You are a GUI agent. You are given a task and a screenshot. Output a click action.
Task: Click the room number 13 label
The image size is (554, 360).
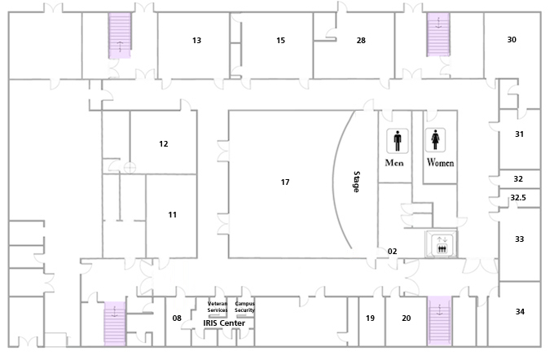[197, 40]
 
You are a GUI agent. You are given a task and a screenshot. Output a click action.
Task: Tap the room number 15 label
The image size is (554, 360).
[280, 40]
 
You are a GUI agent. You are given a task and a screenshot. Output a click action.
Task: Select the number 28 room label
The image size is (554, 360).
[361, 40]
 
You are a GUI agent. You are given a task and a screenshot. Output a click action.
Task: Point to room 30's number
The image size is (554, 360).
[512, 40]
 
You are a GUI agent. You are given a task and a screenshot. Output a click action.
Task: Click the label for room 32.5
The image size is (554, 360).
[518, 197]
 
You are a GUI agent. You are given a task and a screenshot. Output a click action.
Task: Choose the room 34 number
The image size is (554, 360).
[520, 312]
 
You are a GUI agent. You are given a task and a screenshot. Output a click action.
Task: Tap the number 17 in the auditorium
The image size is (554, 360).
[285, 182]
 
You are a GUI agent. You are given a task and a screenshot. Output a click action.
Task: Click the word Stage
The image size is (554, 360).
[357, 182]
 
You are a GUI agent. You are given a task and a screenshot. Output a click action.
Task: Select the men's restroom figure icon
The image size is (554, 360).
[398, 141]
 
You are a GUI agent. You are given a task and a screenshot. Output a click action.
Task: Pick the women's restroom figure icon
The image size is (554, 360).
[435, 140]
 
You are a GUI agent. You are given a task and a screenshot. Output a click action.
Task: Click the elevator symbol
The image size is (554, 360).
[442, 244]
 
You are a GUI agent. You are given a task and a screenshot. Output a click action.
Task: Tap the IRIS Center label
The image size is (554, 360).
[224, 323]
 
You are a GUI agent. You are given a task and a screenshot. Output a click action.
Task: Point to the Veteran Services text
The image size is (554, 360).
[218, 307]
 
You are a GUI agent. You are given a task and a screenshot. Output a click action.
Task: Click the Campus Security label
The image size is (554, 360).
[244, 307]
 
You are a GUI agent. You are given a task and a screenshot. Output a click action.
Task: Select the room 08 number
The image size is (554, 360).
[177, 318]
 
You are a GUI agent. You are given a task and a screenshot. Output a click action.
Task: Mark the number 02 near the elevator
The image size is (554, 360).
[392, 251]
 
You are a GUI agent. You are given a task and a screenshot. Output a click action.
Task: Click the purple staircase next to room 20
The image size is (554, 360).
[439, 321]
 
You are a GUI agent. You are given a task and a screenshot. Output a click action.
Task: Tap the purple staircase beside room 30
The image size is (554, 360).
[438, 35]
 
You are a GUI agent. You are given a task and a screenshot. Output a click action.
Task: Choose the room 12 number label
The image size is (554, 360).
[163, 144]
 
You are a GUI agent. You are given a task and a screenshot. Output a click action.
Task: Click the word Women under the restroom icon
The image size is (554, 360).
[440, 162]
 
